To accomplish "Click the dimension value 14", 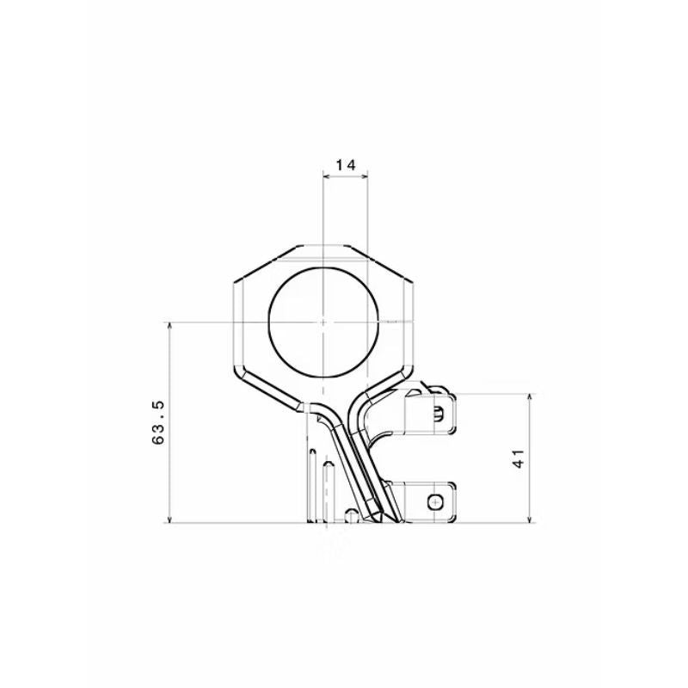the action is tap(346, 165).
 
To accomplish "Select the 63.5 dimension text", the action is tap(158, 422).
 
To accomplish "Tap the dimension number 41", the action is tap(519, 458).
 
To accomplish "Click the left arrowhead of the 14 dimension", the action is tap(326, 176).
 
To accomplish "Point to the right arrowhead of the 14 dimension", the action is tap(364, 176).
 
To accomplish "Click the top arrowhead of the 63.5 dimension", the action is tap(169, 326).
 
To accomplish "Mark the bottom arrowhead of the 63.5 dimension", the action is tap(169, 519).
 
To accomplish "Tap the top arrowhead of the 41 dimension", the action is tap(530, 397).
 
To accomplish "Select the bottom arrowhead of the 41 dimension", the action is tap(530, 519).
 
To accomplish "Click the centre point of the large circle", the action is tap(323, 322).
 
